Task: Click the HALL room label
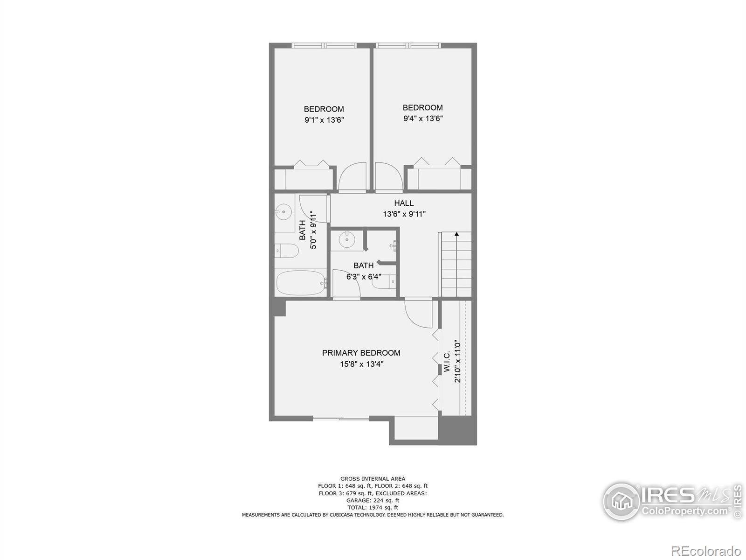404,203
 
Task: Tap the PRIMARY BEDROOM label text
361,353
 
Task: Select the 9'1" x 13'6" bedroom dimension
324,120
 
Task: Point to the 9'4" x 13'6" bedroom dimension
423,119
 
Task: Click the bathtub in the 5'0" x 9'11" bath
301,283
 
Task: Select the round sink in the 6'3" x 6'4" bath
346,240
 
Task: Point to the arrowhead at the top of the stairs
456,234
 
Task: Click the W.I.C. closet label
447,362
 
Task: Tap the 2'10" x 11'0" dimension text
458,362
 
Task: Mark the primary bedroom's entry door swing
418,314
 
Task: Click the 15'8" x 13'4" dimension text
361,364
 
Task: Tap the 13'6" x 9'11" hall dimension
404,214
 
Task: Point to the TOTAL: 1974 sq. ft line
373,507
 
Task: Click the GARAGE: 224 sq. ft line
373,500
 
